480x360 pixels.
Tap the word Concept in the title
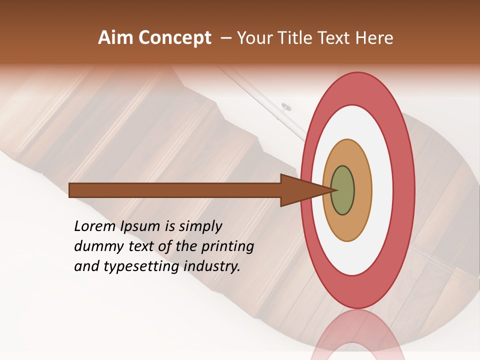(175, 38)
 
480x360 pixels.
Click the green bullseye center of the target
(342, 190)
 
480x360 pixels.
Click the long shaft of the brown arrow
(175, 190)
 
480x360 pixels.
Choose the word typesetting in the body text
(141, 267)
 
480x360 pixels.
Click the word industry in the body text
(211, 266)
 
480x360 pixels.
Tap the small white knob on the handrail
(286, 106)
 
